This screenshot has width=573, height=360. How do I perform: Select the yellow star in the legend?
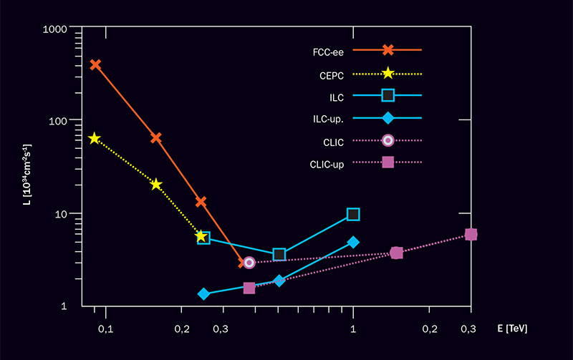pyautogui.click(x=387, y=73)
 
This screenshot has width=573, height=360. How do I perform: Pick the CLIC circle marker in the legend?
pyautogui.click(x=387, y=141)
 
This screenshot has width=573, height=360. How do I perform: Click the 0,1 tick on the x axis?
pyautogui.click(x=105, y=329)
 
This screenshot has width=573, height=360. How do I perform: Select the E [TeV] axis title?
pyautogui.click(x=511, y=329)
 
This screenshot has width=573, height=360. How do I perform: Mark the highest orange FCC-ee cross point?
pyautogui.click(x=95, y=64)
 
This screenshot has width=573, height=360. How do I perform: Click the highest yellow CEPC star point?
pyautogui.click(x=95, y=138)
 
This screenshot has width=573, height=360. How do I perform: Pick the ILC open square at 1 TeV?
pyautogui.click(x=353, y=214)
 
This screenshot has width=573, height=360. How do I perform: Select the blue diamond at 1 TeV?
pyautogui.click(x=353, y=242)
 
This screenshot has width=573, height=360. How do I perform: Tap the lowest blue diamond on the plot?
pyautogui.click(x=203, y=294)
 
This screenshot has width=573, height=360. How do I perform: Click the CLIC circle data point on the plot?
pyautogui.click(x=249, y=263)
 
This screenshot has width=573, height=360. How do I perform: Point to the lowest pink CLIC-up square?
pyautogui.click(x=249, y=288)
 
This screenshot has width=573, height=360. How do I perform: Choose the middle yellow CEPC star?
pyautogui.click(x=156, y=185)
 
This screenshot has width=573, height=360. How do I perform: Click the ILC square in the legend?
pyautogui.click(x=387, y=95)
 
